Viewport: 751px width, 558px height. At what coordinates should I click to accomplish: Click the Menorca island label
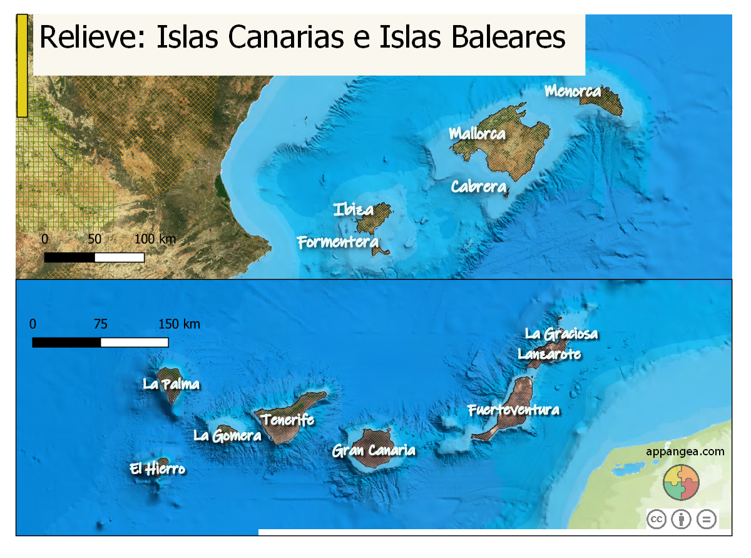pos(573,91)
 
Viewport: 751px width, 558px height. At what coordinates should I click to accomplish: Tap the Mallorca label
pos(477,133)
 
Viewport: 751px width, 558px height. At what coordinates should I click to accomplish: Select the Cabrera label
pos(478,187)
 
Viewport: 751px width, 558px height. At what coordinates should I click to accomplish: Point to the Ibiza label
pos(354,210)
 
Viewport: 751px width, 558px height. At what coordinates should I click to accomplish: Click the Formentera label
pos(338,242)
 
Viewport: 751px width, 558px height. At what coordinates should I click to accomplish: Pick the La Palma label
pos(171,384)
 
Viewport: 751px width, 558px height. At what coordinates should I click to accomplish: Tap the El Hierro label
pos(158,468)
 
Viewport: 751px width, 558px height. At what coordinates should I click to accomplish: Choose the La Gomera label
pos(227,435)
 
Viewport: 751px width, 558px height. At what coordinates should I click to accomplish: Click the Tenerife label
pos(287,420)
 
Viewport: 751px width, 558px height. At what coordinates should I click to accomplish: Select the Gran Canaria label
pos(374,450)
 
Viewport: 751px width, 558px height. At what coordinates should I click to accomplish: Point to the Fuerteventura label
pos(513,410)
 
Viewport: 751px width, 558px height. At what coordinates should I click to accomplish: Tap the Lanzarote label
pos(549,354)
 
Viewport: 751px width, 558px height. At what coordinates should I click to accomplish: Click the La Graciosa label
pos(561,334)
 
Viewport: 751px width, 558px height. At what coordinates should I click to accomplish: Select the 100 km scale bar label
pos(155,239)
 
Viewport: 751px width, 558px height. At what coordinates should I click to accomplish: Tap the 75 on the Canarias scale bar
pos(100,324)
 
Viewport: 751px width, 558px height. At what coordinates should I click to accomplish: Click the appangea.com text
pos(685,451)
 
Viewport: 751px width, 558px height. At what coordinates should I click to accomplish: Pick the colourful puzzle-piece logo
pos(681,483)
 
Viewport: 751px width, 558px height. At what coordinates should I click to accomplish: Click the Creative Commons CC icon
pos(656,519)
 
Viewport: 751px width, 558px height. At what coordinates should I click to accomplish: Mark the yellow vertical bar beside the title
pos(22,65)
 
